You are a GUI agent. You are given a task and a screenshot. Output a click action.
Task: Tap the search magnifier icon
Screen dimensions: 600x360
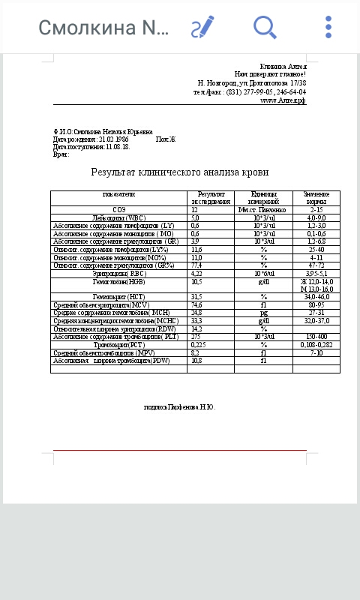coord(265,28)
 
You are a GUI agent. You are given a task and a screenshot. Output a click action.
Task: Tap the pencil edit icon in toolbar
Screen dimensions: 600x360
coord(202,28)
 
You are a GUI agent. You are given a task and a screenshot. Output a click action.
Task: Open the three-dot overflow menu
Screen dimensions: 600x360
coord(328,28)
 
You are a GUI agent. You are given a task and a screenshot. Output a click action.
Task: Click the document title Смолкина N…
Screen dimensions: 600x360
coord(103,28)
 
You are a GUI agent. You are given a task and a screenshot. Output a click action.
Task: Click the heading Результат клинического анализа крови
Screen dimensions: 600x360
coord(180,172)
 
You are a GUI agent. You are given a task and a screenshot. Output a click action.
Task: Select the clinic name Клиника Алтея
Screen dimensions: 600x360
coord(283,67)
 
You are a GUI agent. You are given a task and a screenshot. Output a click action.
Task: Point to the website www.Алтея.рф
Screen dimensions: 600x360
coord(283,100)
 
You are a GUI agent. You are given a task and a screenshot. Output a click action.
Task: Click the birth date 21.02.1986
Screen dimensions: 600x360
coord(113,139)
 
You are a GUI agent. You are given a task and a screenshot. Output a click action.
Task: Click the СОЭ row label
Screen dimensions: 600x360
coord(119,210)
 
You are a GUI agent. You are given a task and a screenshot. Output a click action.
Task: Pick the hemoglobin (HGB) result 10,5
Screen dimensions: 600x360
coord(196,282)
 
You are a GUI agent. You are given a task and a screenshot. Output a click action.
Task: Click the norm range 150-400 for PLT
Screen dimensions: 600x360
coord(316,337)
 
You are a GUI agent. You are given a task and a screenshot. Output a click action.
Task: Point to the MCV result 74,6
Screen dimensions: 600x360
coord(196,305)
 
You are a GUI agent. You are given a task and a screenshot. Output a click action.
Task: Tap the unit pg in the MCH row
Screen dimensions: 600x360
coord(263,313)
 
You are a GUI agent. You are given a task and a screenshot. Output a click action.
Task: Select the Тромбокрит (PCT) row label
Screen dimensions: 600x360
coord(119,345)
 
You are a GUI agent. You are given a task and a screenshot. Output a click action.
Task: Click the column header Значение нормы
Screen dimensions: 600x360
coord(316,198)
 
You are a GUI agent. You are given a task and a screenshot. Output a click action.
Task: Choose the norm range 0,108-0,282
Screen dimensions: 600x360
coord(316,345)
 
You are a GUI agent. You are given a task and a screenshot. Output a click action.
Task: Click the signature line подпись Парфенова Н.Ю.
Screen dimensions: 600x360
coord(180,406)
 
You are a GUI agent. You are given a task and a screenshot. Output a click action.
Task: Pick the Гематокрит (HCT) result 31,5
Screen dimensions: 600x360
coord(196,297)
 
